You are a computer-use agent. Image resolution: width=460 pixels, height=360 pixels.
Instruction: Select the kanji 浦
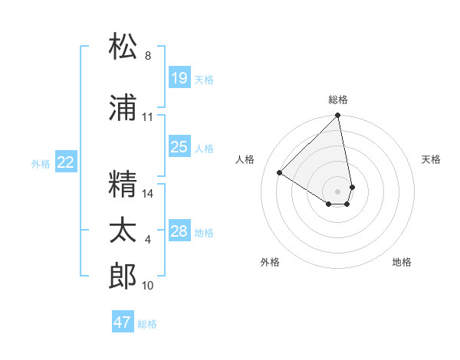(x=123, y=108)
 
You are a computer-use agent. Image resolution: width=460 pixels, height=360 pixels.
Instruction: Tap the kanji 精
(x=123, y=185)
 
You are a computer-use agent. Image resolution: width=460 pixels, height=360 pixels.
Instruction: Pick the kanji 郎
(x=123, y=277)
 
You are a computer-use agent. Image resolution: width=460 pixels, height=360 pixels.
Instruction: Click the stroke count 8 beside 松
(x=148, y=56)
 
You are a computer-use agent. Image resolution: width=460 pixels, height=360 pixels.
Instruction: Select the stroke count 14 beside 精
(x=148, y=194)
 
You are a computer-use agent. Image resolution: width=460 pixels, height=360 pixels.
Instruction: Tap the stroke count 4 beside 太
(x=148, y=241)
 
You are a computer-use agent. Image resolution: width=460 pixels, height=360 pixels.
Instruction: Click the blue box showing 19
(x=179, y=78)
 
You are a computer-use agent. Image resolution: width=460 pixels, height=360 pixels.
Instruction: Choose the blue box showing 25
(x=179, y=147)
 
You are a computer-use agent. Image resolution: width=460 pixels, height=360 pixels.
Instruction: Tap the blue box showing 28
(x=179, y=231)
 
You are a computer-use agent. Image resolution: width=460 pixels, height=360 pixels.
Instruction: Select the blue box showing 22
(x=66, y=162)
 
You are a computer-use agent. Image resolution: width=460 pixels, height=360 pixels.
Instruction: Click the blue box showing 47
(x=123, y=322)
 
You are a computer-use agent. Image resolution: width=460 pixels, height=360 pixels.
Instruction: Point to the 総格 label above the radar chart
(x=338, y=100)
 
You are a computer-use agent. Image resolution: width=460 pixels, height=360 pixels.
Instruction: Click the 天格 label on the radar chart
(x=431, y=159)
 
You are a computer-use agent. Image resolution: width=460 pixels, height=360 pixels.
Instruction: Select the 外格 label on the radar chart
(x=270, y=262)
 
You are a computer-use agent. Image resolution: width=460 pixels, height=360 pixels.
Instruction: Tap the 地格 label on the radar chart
(x=402, y=262)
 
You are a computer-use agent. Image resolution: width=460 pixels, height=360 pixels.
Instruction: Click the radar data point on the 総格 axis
(x=338, y=116)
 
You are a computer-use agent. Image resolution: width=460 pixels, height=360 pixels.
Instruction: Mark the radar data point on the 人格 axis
(x=280, y=173)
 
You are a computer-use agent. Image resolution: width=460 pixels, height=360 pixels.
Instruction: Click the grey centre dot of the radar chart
(x=338, y=191)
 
